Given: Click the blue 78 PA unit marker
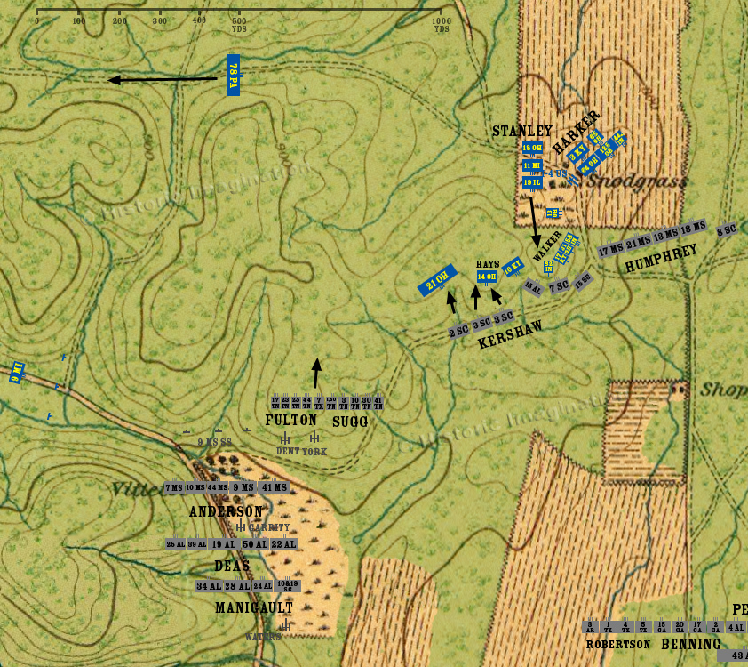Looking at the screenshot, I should coord(233,76).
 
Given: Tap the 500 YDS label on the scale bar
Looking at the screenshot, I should coord(239,24).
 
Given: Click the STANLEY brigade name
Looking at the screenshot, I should coord(522,132).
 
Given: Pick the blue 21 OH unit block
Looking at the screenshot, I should coord(437,280).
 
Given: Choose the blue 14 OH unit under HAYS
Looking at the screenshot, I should coord(486,277).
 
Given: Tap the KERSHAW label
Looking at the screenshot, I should coord(510,334).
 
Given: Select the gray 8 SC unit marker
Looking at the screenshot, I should coord(727,231).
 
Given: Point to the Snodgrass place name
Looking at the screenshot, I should coord(650,181).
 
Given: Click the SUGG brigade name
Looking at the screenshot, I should coord(349,422).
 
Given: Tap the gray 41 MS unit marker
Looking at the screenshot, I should coord(275,487).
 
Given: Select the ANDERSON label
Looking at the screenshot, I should coord(226,512).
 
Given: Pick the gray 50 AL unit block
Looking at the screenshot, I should coord(254,544).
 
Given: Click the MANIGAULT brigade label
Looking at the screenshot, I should coord(254,607).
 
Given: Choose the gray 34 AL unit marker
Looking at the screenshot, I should coord(209,586).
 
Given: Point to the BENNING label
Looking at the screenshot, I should coord(691,644).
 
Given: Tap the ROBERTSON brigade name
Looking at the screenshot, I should coord(618,644).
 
